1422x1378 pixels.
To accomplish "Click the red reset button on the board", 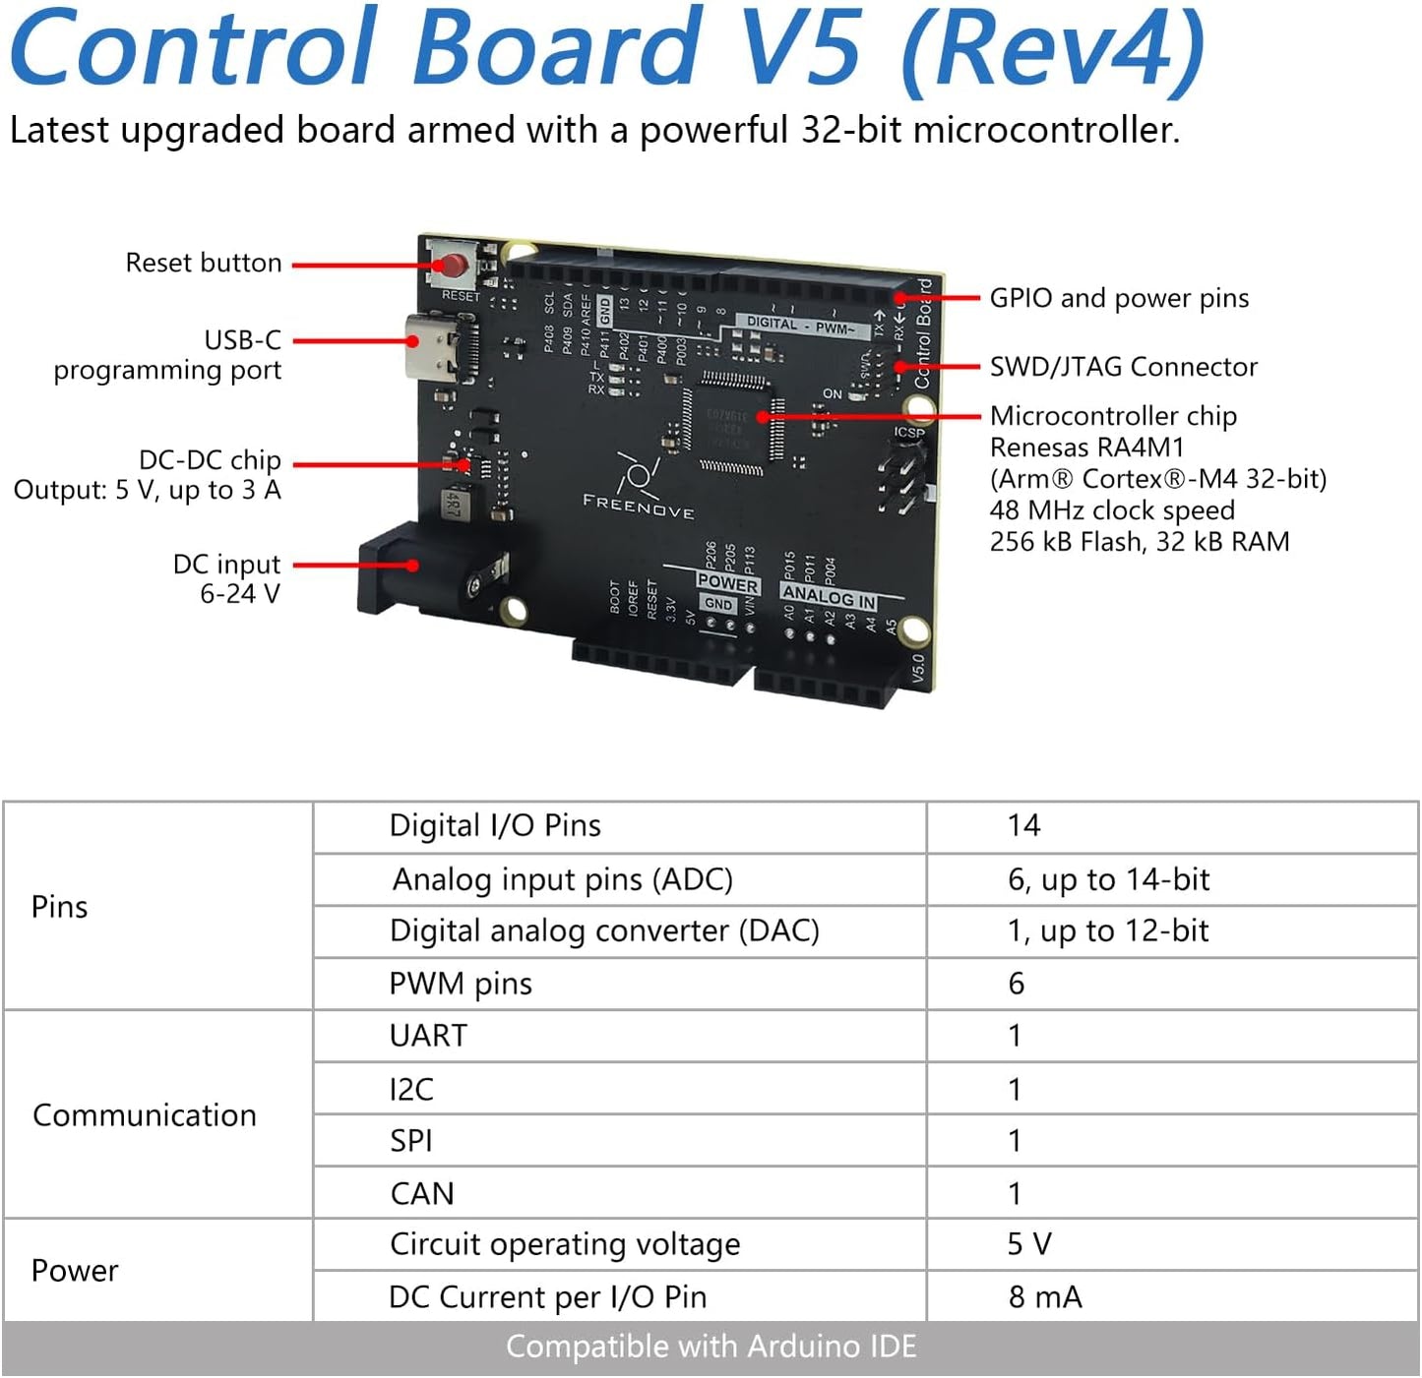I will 453,265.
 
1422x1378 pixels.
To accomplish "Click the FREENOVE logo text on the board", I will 639,506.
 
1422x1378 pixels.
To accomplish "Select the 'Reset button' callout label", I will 204,263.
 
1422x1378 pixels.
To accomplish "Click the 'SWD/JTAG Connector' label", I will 1123,367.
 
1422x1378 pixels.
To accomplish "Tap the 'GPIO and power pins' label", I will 1119,298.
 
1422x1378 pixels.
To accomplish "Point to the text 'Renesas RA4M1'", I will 1086,448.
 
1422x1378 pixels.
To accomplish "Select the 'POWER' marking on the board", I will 727,582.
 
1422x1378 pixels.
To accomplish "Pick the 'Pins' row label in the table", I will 60,906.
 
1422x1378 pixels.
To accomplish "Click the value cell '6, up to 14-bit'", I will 1108,879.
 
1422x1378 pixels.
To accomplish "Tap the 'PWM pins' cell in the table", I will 461,984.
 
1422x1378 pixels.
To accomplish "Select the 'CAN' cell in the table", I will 422,1193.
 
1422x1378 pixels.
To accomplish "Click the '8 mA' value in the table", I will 1045,1296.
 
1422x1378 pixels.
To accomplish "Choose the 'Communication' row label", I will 145,1115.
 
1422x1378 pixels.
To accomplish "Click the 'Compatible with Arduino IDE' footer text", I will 711,1346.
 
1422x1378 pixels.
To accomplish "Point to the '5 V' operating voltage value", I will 1029,1244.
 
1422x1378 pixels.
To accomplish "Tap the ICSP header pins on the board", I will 904,477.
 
